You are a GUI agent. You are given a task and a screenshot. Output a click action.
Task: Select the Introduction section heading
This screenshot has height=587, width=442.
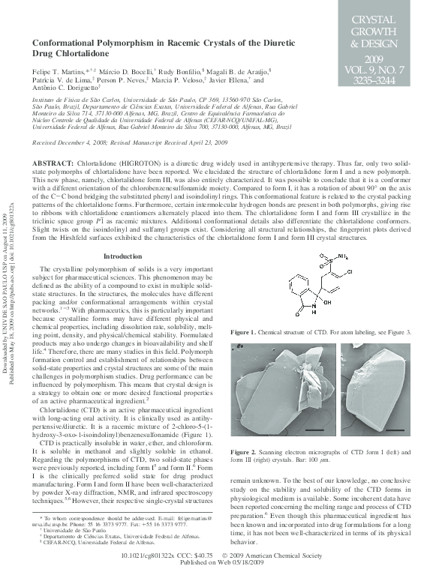pos(122,256)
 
